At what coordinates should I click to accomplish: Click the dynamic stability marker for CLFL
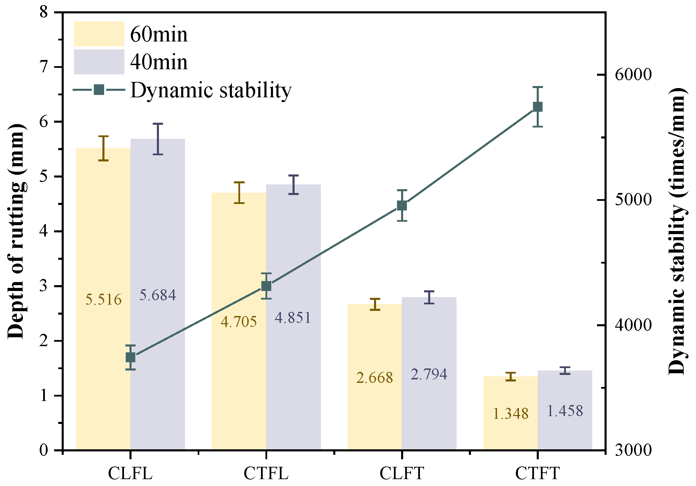point(130,357)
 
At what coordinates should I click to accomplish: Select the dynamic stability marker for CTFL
point(266,286)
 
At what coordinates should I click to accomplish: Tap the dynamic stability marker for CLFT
point(402,206)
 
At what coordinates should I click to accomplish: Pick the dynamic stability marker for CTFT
point(538,107)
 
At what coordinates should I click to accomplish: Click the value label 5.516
point(103,300)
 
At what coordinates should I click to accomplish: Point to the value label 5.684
point(158,295)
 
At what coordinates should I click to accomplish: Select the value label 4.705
point(239,322)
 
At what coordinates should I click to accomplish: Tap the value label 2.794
point(429,374)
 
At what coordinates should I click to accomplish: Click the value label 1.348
point(511,414)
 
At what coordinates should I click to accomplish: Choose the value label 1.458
point(565,411)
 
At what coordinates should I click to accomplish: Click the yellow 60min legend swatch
point(99,34)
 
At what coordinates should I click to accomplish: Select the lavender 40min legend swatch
point(99,62)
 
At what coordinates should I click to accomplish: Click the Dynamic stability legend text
point(211,90)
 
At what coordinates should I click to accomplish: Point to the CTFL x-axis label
point(266,473)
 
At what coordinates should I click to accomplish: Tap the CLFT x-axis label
point(402,473)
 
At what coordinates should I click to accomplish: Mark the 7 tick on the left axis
point(44,67)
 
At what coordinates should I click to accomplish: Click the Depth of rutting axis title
point(16,231)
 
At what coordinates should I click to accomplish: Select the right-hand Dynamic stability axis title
point(677,231)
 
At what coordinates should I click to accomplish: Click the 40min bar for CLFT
point(429,374)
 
